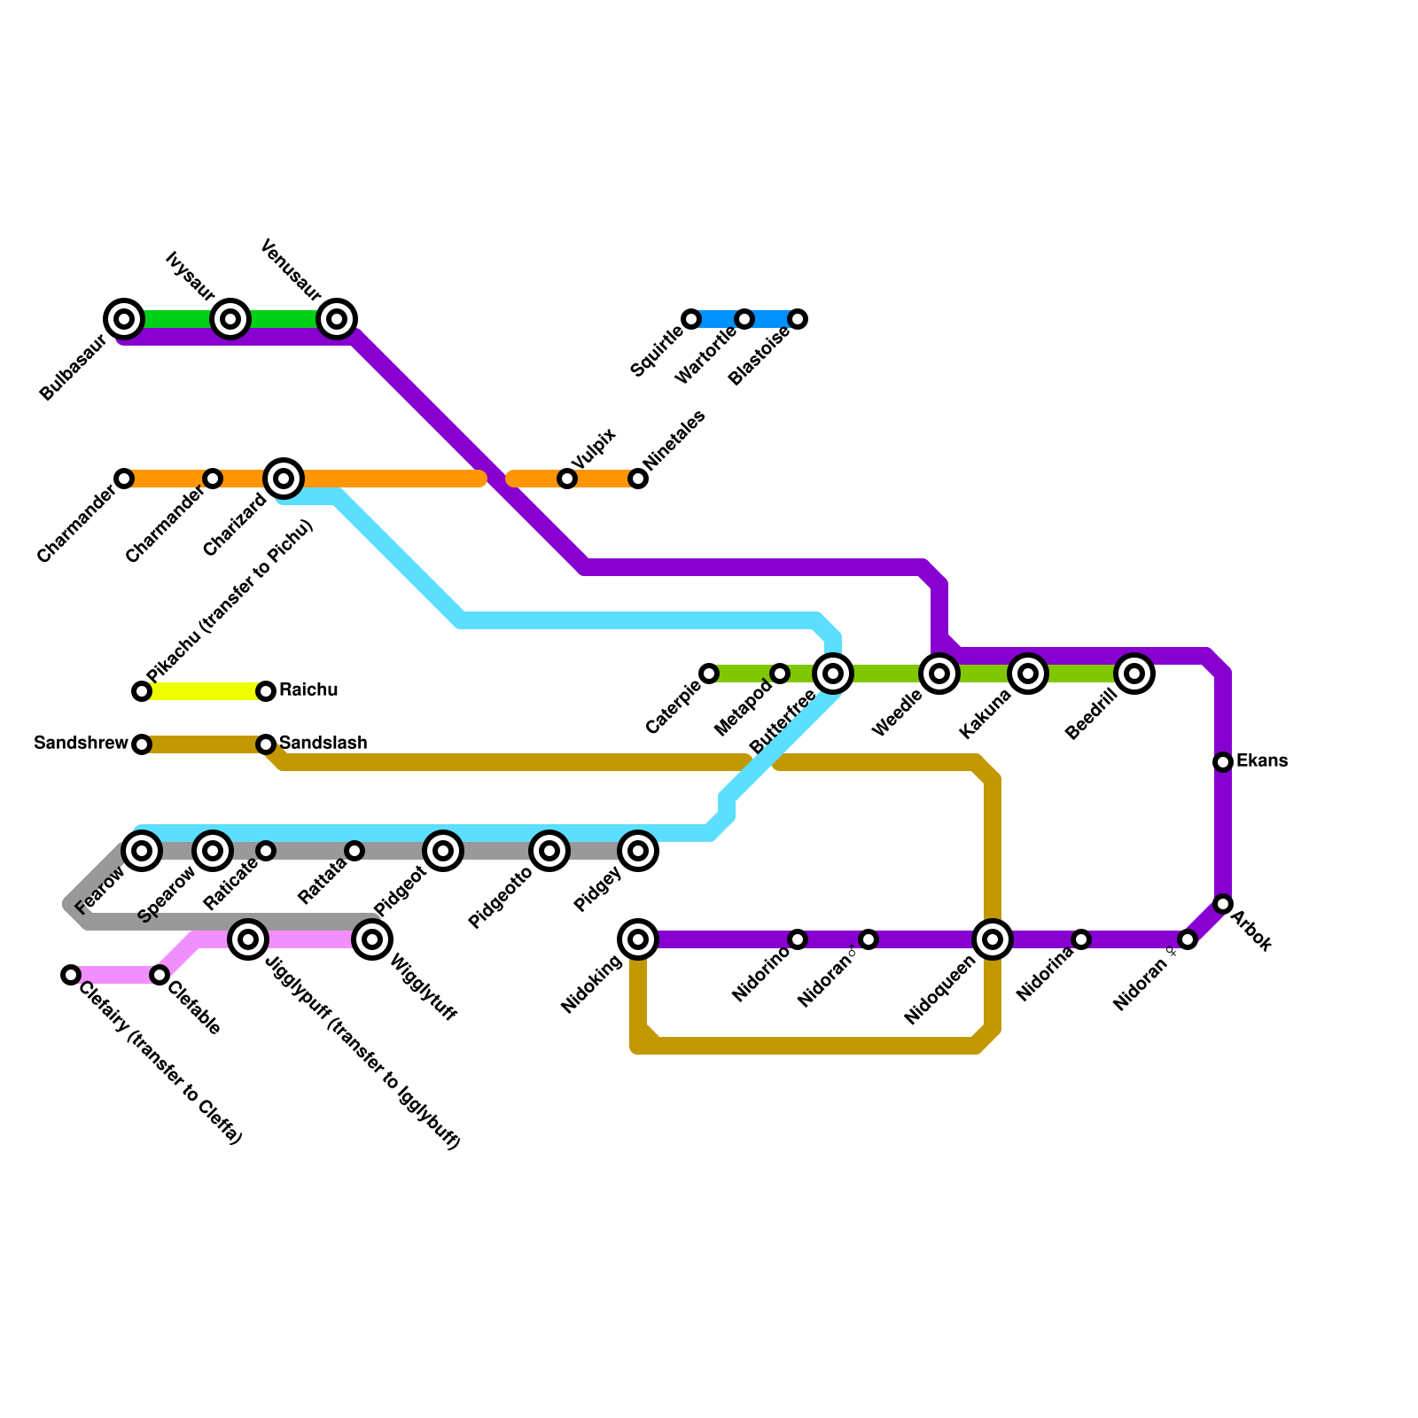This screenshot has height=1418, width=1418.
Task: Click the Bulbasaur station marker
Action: click(124, 319)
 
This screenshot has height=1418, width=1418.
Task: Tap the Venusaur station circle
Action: click(337, 319)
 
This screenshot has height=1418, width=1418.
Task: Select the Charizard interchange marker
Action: click(284, 479)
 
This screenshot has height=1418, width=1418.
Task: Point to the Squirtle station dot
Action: click(691, 319)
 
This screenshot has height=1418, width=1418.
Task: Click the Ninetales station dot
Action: click(638, 479)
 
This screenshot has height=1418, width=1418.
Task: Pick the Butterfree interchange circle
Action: click(833, 674)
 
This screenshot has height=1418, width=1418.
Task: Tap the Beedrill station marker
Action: click(1134, 674)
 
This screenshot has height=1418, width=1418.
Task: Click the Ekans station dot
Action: click(1223, 762)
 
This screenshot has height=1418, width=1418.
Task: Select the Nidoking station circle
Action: click(638, 939)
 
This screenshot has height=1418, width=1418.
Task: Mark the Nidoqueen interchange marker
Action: click(993, 939)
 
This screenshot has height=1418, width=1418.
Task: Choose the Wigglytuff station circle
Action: click(372, 939)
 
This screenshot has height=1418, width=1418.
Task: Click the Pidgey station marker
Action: click(638, 851)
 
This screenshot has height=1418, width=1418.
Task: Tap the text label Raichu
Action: click(308, 690)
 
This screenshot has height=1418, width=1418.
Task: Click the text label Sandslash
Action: click(323, 744)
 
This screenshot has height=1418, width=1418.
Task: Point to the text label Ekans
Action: click(1262, 761)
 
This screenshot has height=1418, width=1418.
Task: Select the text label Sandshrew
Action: click(81, 744)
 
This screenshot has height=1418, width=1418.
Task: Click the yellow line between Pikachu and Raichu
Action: click(204, 691)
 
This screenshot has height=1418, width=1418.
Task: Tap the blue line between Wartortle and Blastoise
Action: click(771, 319)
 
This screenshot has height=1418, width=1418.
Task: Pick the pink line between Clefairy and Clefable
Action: click(115, 975)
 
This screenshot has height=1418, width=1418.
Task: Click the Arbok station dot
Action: click(1223, 904)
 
